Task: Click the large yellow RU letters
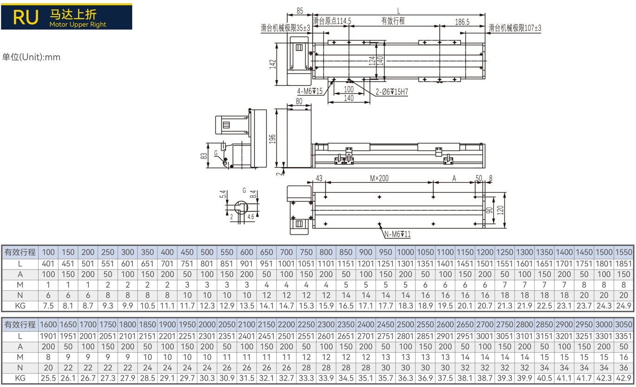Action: (x=26, y=17)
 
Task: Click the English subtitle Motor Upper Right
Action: (x=78, y=25)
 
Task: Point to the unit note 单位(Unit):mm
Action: (x=31, y=57)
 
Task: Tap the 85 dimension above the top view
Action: (x=300, y=11)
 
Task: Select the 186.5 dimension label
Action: (x=462, y=22)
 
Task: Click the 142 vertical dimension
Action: (x=273, y=64)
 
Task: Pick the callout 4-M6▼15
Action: (x=310, y=91)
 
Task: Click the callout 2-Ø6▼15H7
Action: (x=392, y=92)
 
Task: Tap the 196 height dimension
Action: (x=273, y=139)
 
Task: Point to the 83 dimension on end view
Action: (x=204, y=156)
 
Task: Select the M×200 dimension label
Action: (x=379, y=178)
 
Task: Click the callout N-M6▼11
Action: (x=397, y=234)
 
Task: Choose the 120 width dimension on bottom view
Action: (x=500, y=210)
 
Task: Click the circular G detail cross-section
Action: (x=241, y=208)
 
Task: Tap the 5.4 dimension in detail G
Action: (x=223, y=194)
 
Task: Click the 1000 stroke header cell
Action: (x=405, y=252)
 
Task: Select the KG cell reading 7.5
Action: (x=48, y=306)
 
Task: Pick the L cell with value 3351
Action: (x=623, y=336)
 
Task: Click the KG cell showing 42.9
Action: (x=623, y=378)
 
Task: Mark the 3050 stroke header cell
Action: (x=623, y=324)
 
